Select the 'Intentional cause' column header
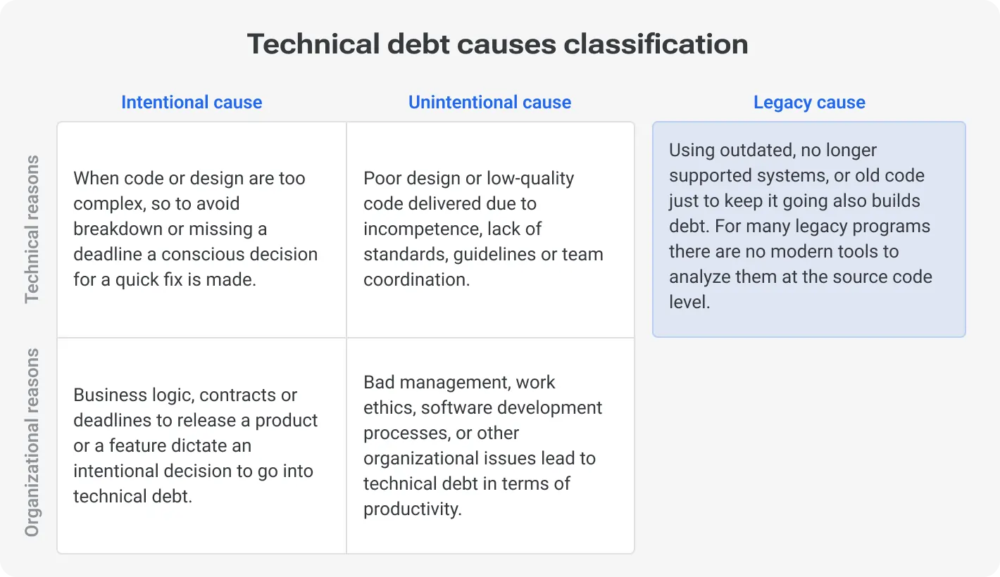192,103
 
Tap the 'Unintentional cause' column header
489,103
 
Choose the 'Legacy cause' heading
809,103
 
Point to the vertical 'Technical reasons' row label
32,229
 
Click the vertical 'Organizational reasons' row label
32,442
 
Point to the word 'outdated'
751,151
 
